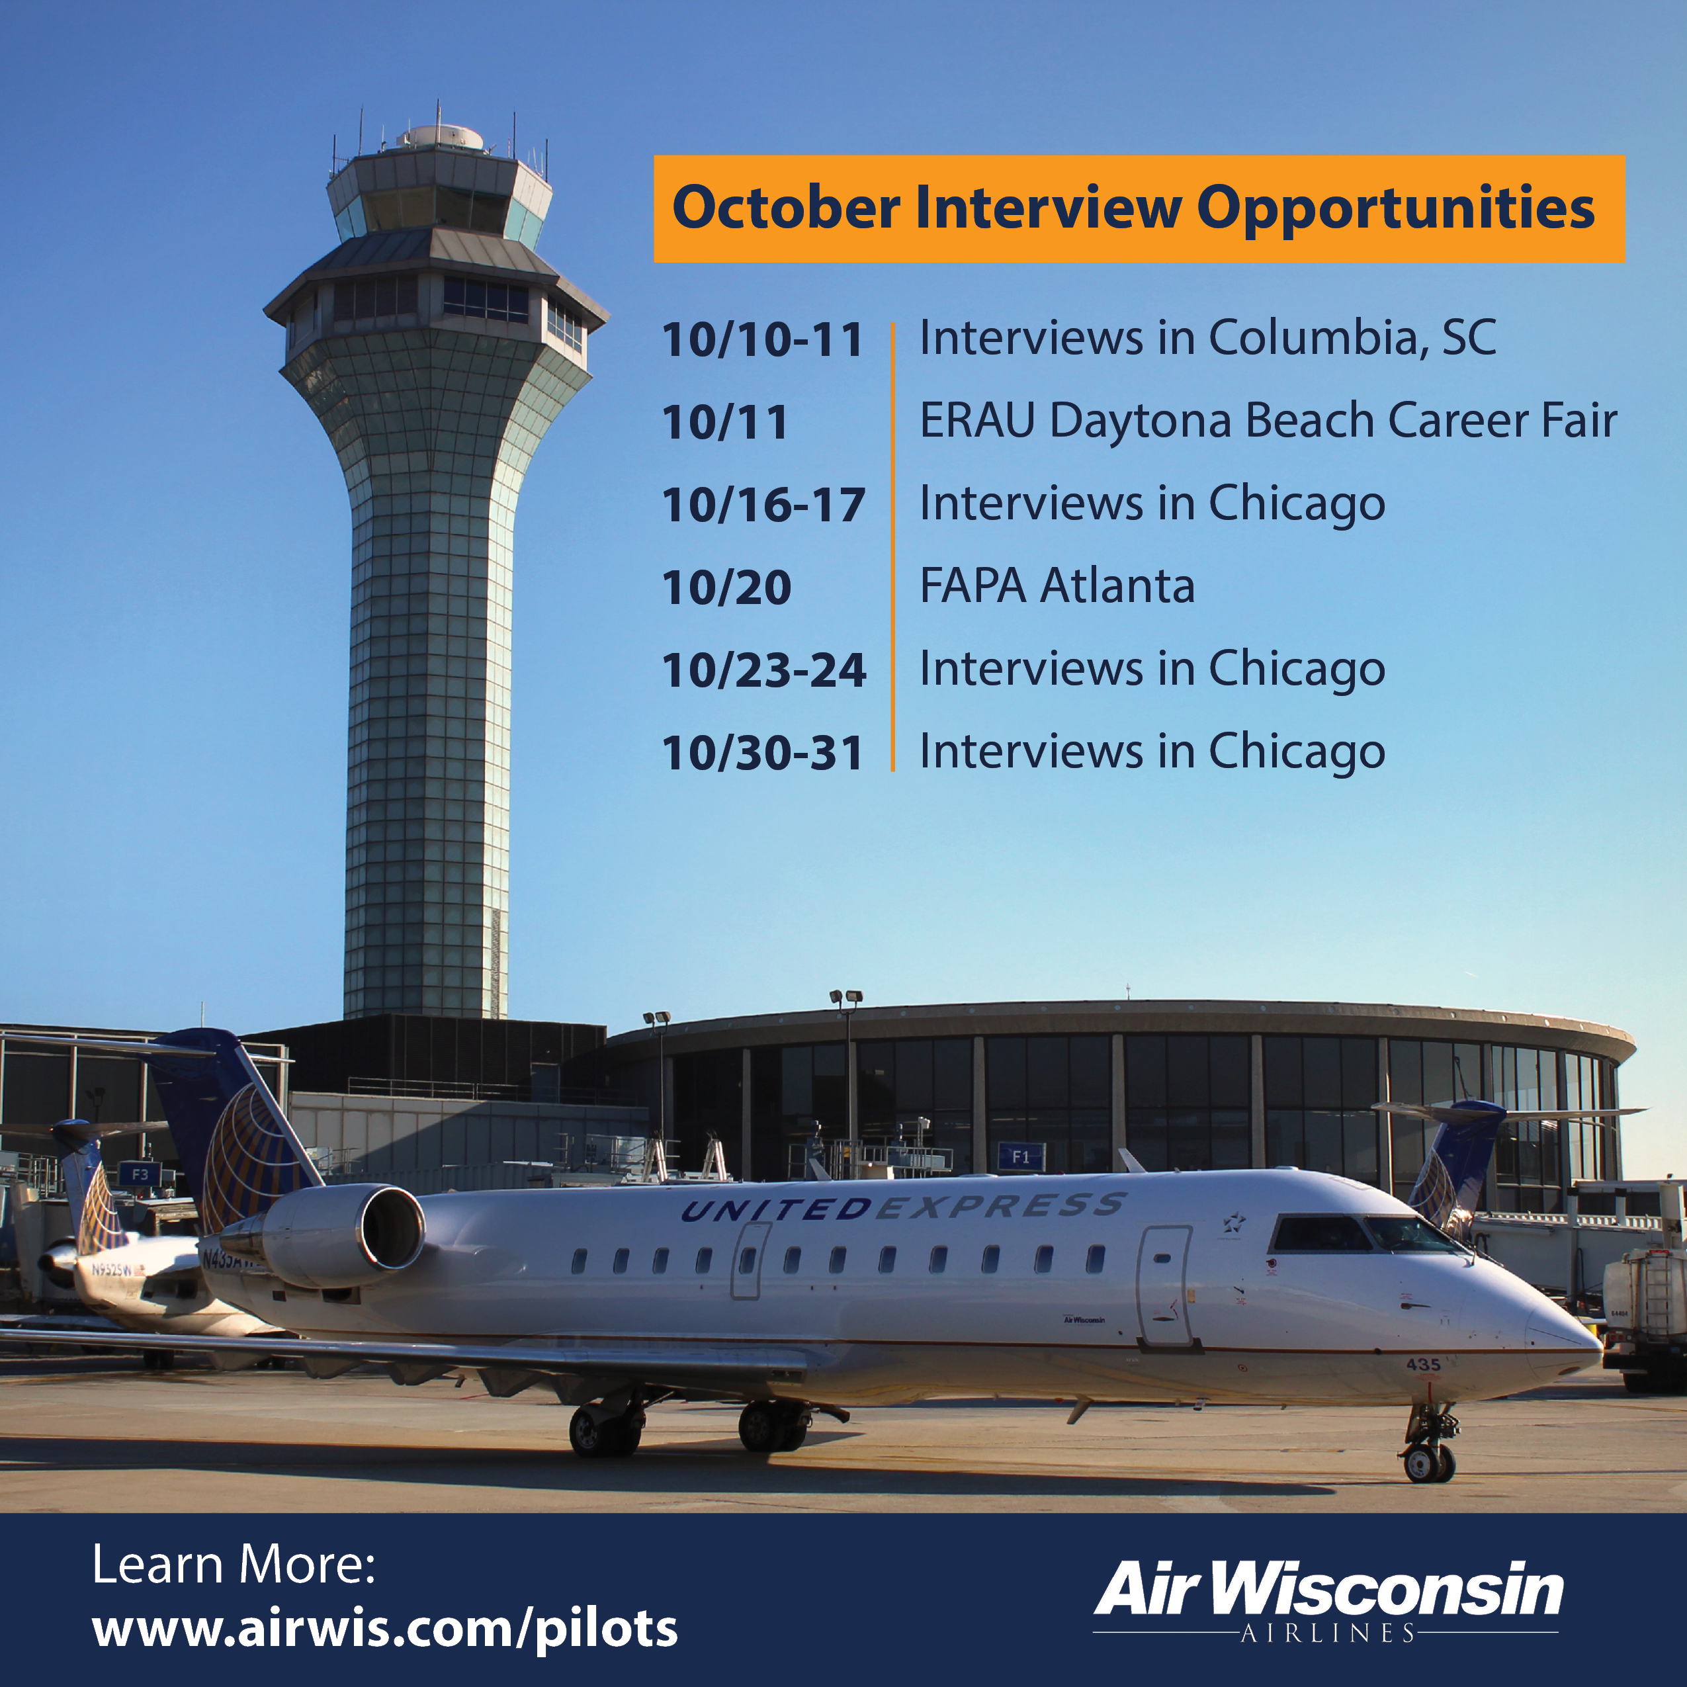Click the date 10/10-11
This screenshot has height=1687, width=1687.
762,339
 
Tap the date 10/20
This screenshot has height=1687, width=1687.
726,587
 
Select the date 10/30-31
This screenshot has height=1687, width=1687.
762,753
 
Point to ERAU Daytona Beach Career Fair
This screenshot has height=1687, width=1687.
1268,421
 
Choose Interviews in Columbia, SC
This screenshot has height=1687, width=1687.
1207,338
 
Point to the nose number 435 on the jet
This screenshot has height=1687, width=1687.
1422,1364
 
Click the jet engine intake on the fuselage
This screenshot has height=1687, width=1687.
394,1227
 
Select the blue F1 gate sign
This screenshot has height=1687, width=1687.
1021,1157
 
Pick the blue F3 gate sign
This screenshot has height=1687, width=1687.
140,1174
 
